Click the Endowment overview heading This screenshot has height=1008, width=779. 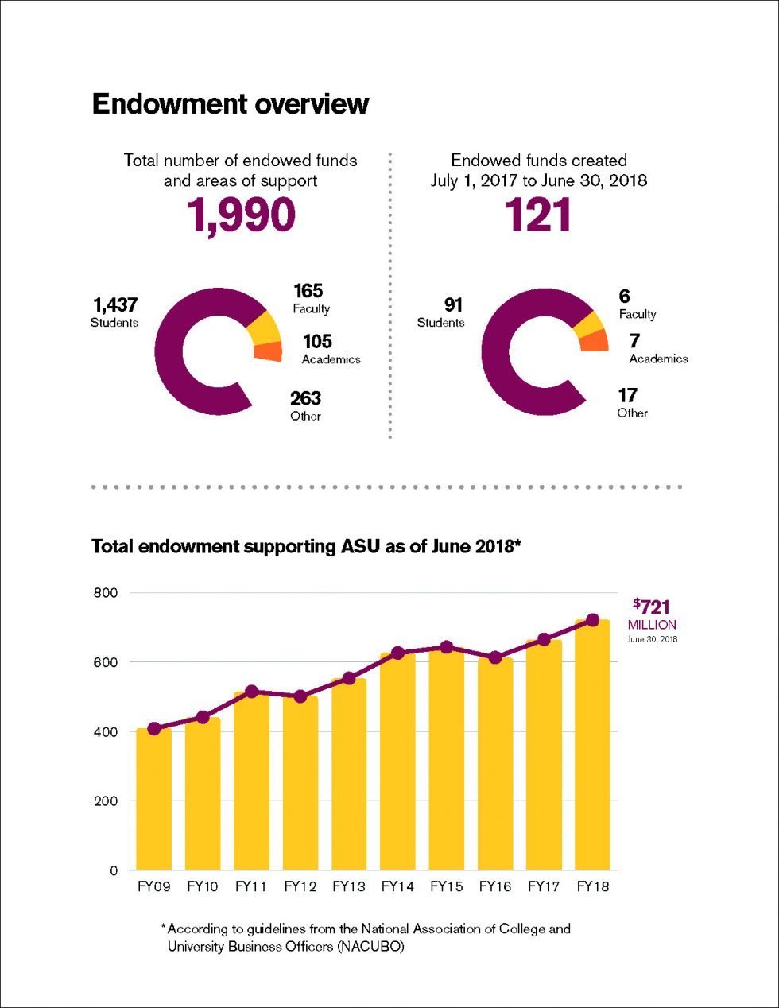pyautogui.click(x=231, y=104)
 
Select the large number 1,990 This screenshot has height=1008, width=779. pyautogui.click(x=241, y=215)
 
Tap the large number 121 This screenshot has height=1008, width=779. pyautogui.click(x=538, y=215)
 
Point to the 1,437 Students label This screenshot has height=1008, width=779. pyautogui.click(x=114, y=312)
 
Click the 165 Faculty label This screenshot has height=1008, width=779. pyautogui.click(x=310, y=299)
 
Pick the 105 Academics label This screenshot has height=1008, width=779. pyautogui.click(x=330, y=349)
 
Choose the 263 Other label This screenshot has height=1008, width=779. pyautogui.click(x=306, y=405)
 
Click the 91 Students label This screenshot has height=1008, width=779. pyautogui.click(x=442, y=312)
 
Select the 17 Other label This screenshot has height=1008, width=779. pyautogui.click(x=631, y=402)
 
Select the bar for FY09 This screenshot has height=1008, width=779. pyautogui.click(x=154, y=799)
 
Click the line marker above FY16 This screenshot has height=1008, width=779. pyautogui.click(x=495, y=657)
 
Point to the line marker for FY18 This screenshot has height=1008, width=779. pyautogui.click(x=592, y=620)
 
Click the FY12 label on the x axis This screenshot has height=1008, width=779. pyautogui.click(x=300, y=886)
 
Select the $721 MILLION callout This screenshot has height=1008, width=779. pyautogui.click(x=652, y=615)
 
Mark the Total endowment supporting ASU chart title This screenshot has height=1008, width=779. pyautogui.click(x=305, y=547)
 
